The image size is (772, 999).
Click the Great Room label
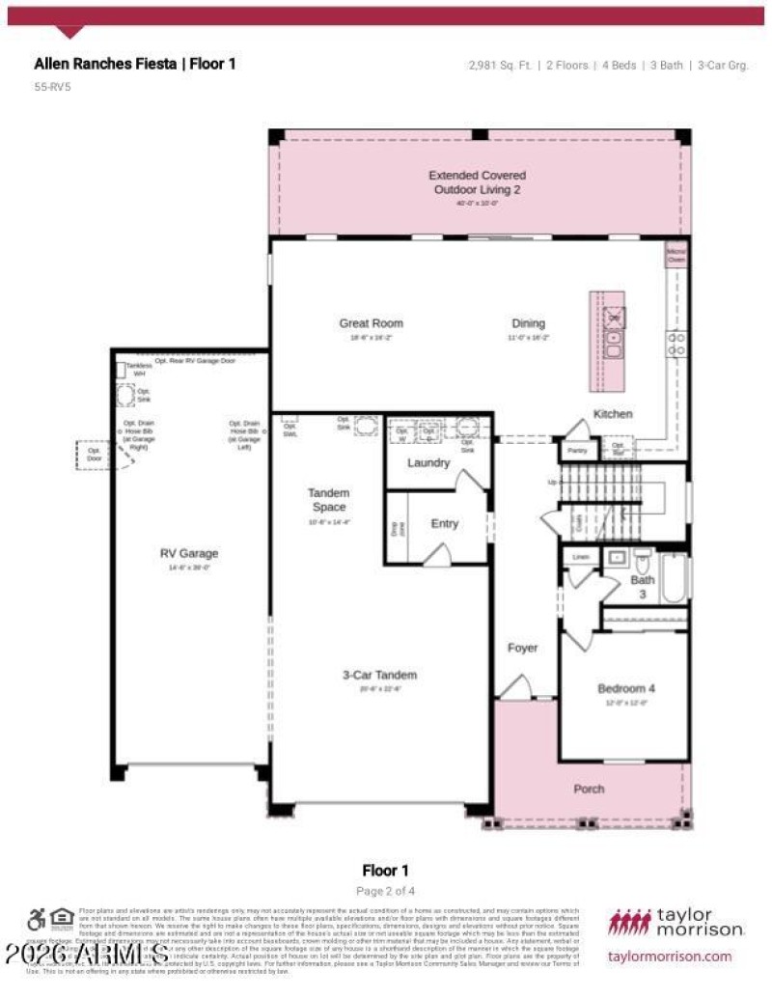(x=371, y=323)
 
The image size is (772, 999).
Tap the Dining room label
(x=528, y=323)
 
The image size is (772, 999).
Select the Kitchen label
(x=613, y=414)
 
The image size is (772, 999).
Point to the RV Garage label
(x=189, y=554)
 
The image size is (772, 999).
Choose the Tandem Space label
(x=328, y=500)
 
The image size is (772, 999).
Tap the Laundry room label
(x=428, y=463)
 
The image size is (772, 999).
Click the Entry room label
(x=444, y=524)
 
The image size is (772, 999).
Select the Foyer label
(x=523, y=648)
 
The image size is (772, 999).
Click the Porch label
(x=589, y=789)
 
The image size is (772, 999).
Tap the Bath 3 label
(x=643, y=587)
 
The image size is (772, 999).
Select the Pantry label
(x=577, y=451)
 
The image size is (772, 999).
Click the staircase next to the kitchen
(x=600, y=500)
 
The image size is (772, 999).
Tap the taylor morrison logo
(x=675, y=922)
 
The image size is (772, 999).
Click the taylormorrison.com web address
(x=670, y=957)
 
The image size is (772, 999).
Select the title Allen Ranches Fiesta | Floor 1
(x=134, y=64)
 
